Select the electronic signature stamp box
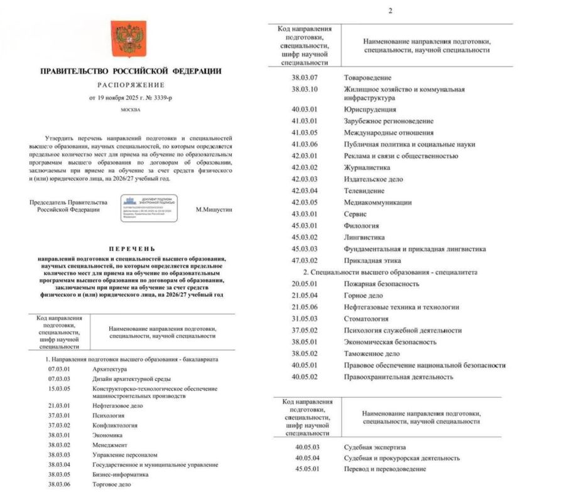(x=149, y=208)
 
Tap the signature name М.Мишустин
(x=214, y=210)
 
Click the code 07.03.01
(x=60, y=369)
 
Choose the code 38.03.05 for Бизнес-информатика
(x=60, y=474)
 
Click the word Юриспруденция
(x=370, y=109)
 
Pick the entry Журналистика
(x=367, y=168)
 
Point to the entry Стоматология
(x=368, y=319)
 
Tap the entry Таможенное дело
(x=371, y=353)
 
